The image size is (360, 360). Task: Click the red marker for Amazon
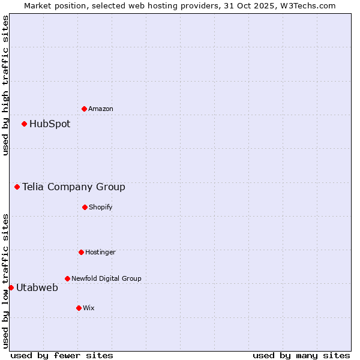click(x=84, y=109)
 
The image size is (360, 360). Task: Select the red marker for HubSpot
click(x=24, y=124)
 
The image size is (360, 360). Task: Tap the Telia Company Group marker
click(x=17, y=187)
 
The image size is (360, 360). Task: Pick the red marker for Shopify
click(x=85, y=207)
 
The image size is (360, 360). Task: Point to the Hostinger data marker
click(x=81, y=252)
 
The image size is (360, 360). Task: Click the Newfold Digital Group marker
click(x=67, y=278)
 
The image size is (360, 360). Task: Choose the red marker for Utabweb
click(x=11, y=287)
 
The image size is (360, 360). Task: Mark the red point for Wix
click(x=79, y=308)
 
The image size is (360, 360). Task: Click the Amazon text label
click(x=101, y=109)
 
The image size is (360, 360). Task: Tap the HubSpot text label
click(x=50, y=124)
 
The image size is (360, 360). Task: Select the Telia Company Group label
click(x=74, y=187)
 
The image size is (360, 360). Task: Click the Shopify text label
click(x=101, y=207)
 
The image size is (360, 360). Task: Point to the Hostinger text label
click(x=100, y=252)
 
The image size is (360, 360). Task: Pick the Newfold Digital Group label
click(x=106, y=278)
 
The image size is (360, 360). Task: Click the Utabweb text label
click(x=37, y=288)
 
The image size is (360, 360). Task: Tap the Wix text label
click(x=89, y=308)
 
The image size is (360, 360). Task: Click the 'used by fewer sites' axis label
click(x=62, y=355)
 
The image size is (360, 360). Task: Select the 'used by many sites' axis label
click(x=301, y=355)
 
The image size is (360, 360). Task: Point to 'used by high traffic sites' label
click(x=5, y=85)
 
